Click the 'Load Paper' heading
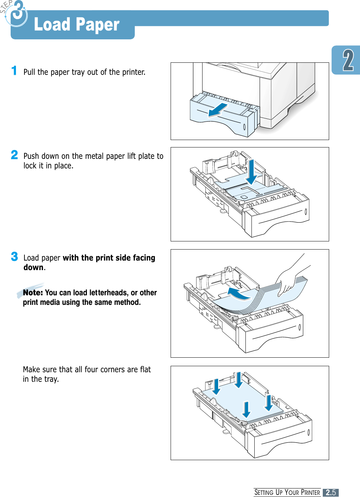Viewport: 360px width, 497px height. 77,25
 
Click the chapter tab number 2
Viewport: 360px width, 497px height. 348,61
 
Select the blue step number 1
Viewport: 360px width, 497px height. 14,71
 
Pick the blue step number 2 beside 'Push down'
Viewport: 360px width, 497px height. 14,155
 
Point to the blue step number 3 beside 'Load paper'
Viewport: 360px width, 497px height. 14,256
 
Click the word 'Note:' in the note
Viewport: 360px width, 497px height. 33,293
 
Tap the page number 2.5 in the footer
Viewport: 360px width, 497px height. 331,492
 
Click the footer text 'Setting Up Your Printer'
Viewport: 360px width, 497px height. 287,492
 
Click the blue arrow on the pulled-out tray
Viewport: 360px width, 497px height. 218,110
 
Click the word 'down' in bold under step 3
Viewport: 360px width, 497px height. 33,267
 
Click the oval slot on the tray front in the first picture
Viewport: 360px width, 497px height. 244,127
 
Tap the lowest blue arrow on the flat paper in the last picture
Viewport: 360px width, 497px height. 246,410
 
